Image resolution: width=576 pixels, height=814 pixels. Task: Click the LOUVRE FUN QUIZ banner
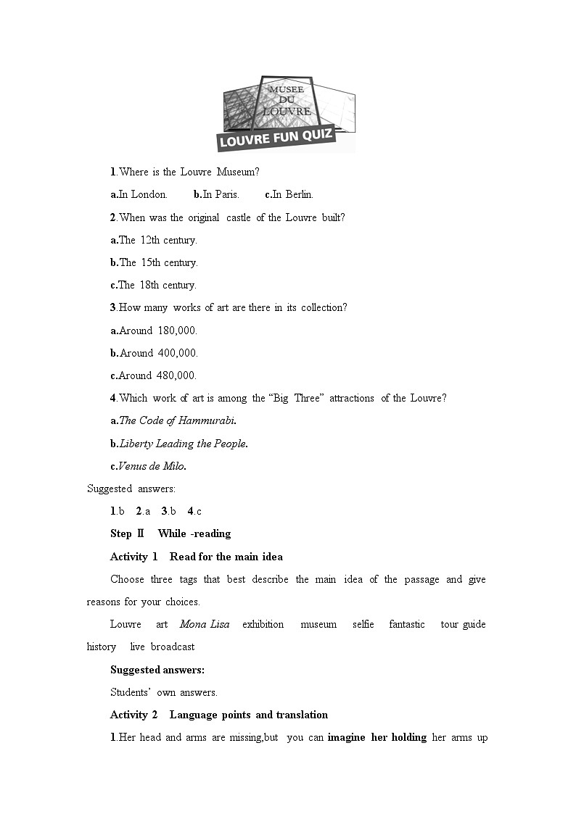pos(276,137)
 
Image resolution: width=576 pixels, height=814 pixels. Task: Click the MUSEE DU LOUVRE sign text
pos(287,99)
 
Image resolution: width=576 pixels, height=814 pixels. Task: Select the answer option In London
pos(139,194)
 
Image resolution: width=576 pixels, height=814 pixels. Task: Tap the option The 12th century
pos(154,240)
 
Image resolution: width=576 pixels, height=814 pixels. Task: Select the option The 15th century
pos(154,262)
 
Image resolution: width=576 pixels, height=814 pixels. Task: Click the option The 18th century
pos(154,285)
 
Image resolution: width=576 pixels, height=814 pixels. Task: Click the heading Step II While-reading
pos(170,533)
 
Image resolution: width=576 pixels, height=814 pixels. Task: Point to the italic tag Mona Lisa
pos(205,624)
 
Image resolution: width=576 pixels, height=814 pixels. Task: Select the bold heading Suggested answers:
pos(157,670)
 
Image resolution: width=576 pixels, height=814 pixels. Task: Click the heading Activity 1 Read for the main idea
pos(197,557)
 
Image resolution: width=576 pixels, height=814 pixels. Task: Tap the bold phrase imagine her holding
pos(377,738)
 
